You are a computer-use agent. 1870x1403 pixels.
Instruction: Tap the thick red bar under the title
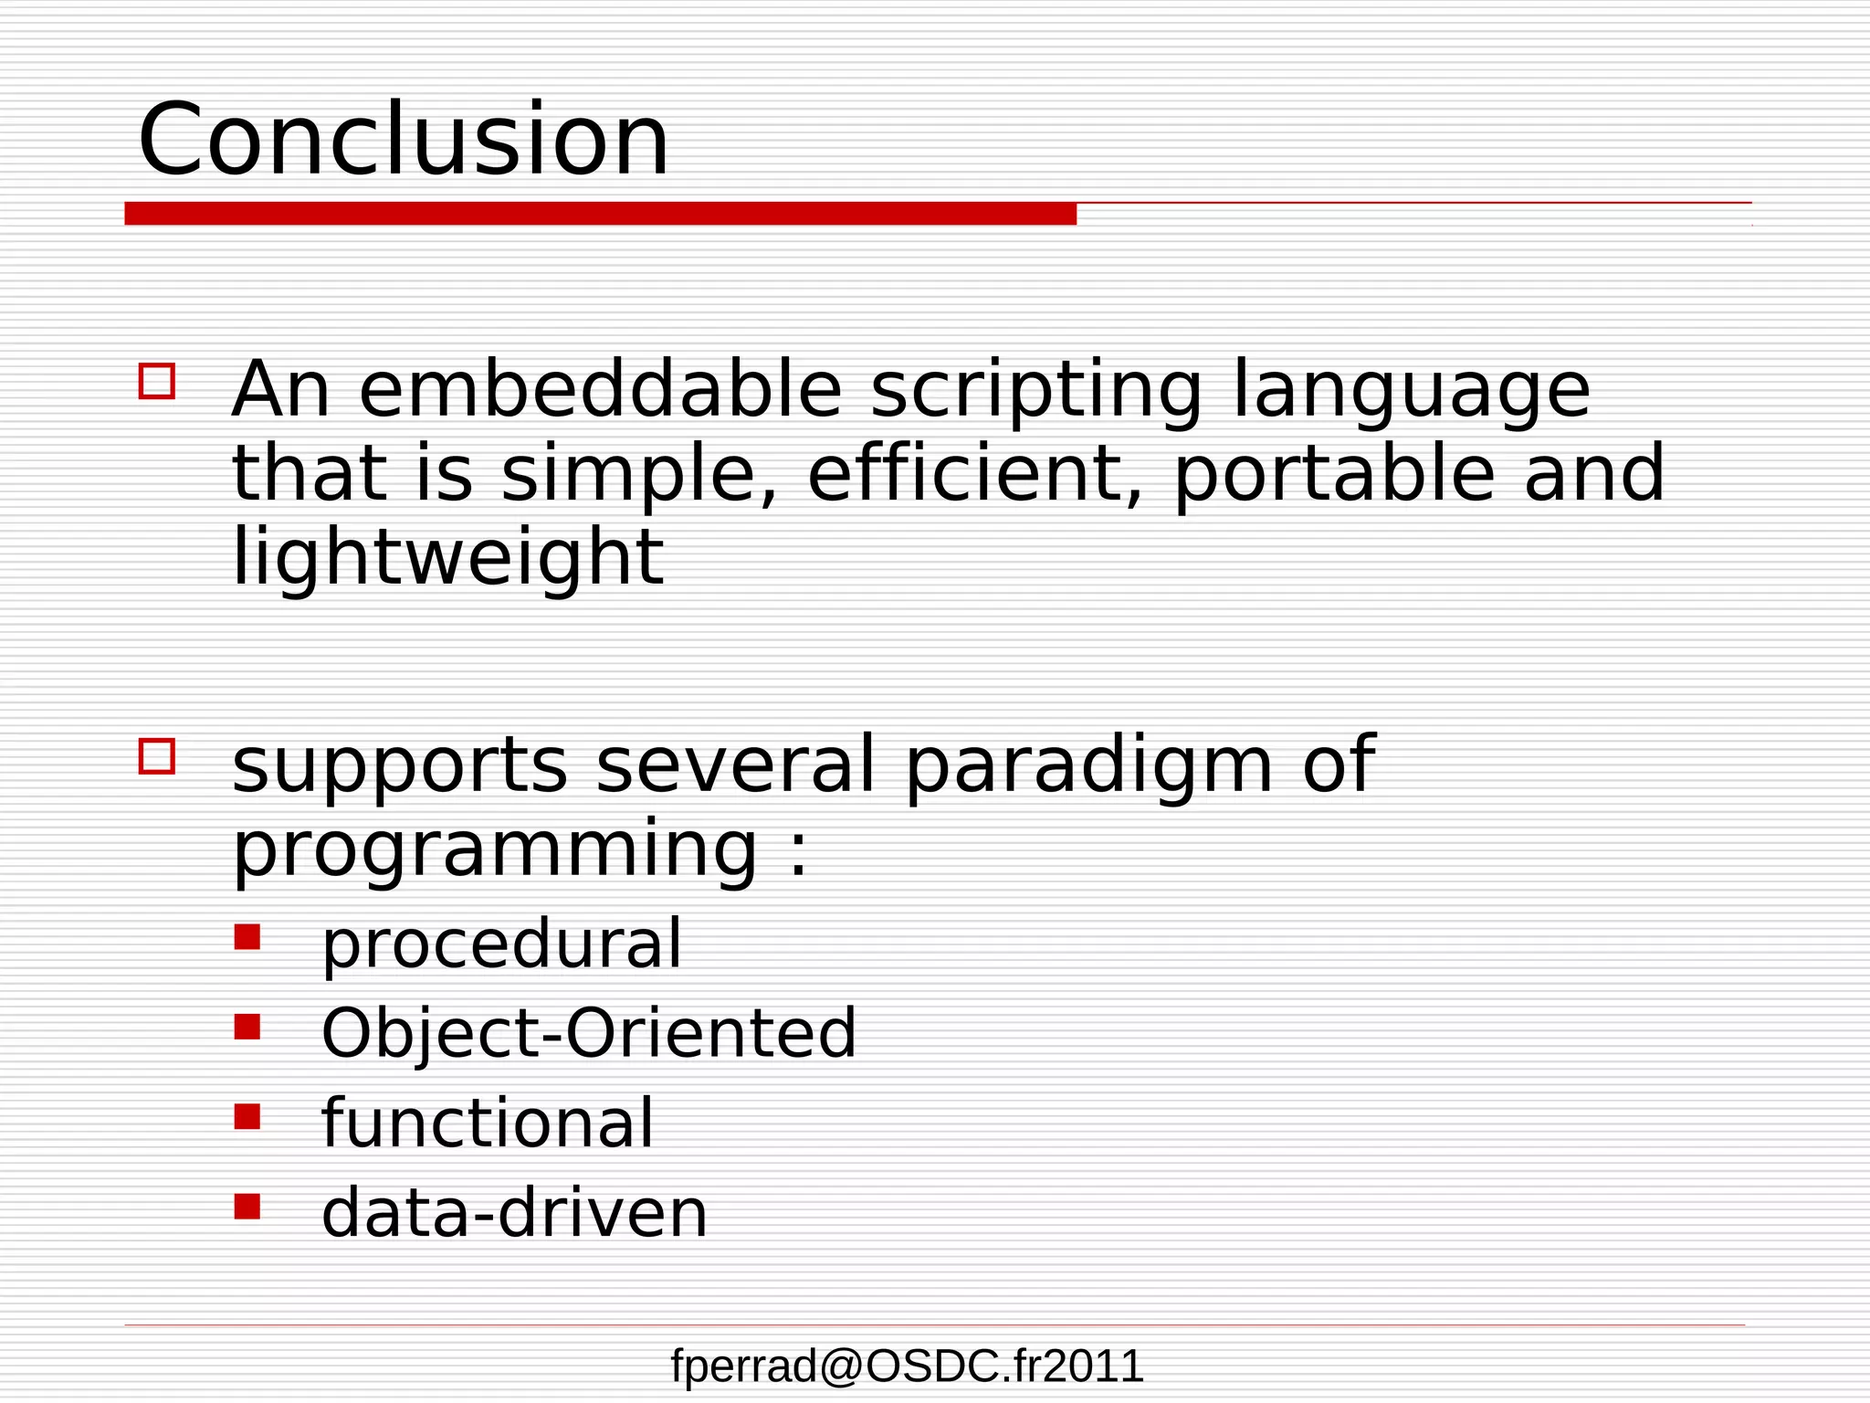point(600,214)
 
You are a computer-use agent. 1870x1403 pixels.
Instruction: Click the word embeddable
point(600,390)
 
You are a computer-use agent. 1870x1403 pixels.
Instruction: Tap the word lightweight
point(447,559)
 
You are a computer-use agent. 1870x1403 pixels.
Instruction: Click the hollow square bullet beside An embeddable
point(157,381)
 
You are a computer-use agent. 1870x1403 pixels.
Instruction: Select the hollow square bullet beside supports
point(157,756)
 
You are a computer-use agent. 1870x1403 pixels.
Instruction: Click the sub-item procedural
point(501,945)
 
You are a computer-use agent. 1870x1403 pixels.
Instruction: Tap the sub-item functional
point(488,1123)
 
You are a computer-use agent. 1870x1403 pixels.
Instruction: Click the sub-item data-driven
point(514,1214)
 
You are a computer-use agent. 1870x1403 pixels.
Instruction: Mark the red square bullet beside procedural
point(247,937)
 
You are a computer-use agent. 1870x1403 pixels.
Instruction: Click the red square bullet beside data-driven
point(247,1207)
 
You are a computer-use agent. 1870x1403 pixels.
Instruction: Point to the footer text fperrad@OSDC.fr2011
point(907,1366)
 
